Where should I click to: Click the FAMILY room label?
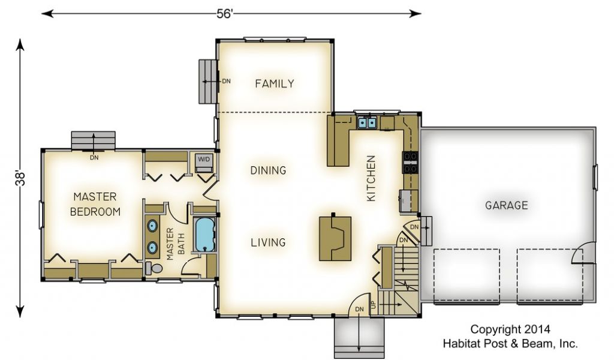(x=275, y=83)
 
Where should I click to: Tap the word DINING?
(x=268, y=170)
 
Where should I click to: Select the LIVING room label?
(x=268, y=242)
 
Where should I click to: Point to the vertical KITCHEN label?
(x=371, y=178)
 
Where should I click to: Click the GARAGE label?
(x=506, y=205)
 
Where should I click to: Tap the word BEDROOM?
(x=95, y=212)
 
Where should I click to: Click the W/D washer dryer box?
(x=204, y=162)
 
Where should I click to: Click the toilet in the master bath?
(x=153, y=269)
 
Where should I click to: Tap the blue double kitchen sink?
(x=367, y=123)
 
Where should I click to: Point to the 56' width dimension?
(x=225, y=14)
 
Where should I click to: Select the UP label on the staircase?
(x=373, y=304)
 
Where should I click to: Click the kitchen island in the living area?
(x=335, y=239)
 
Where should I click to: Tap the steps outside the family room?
(x=207, y=82)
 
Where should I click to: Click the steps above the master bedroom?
(x=93, y=140)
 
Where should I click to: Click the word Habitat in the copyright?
(x=461, y=344)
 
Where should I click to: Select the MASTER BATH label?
(x=175, y=244)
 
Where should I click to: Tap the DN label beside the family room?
(x=226, y=82)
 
